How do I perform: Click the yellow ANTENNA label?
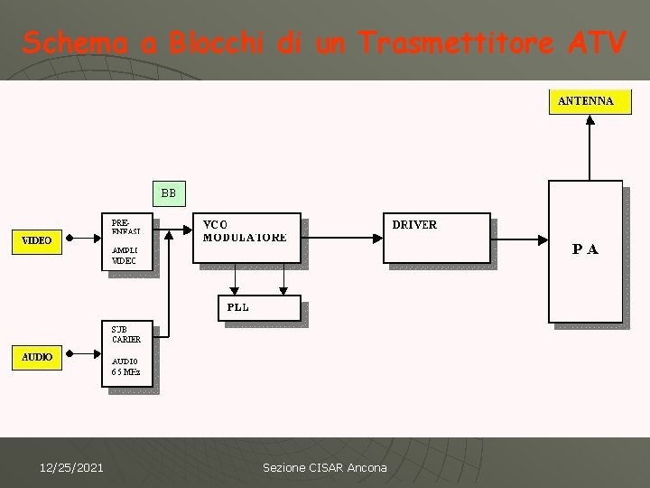click(586, 101)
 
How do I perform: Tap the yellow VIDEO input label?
click(36, 240)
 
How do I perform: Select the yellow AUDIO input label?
click(37, 357)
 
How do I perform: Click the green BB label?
click(169, 192)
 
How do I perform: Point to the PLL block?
click(258, 308)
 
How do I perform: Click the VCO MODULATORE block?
click(247, 239)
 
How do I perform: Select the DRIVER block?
click(438, 239)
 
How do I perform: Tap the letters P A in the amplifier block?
click(585, 249)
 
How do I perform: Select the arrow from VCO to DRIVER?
click(342, 226)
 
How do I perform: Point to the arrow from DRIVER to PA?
click(521, 240)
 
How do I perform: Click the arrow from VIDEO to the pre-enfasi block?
click(83, 240)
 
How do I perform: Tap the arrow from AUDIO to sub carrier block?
click(83, 357)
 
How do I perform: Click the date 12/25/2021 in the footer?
click(71, 467)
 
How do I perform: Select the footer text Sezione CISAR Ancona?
click(324, 467)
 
